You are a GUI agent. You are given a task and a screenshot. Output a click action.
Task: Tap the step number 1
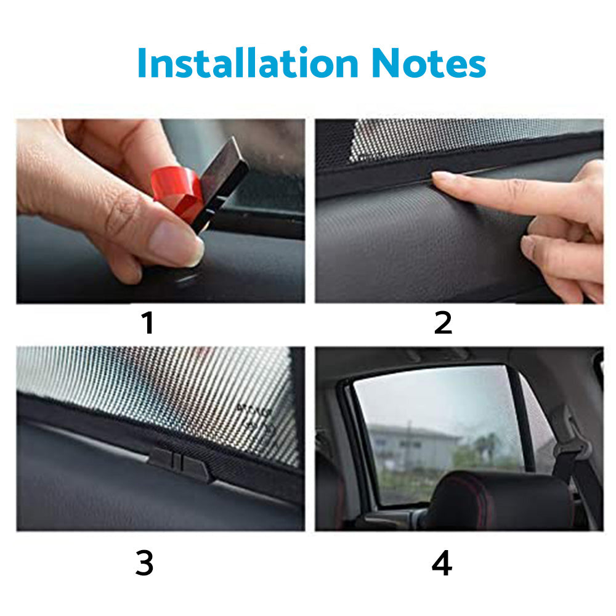[x=147, y=323]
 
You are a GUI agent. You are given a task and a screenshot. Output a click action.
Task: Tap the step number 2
[x=442, y=323]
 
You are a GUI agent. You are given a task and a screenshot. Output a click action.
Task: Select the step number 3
[x=144, y=564]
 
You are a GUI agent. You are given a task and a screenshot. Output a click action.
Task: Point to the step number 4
[x=442, y=564]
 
